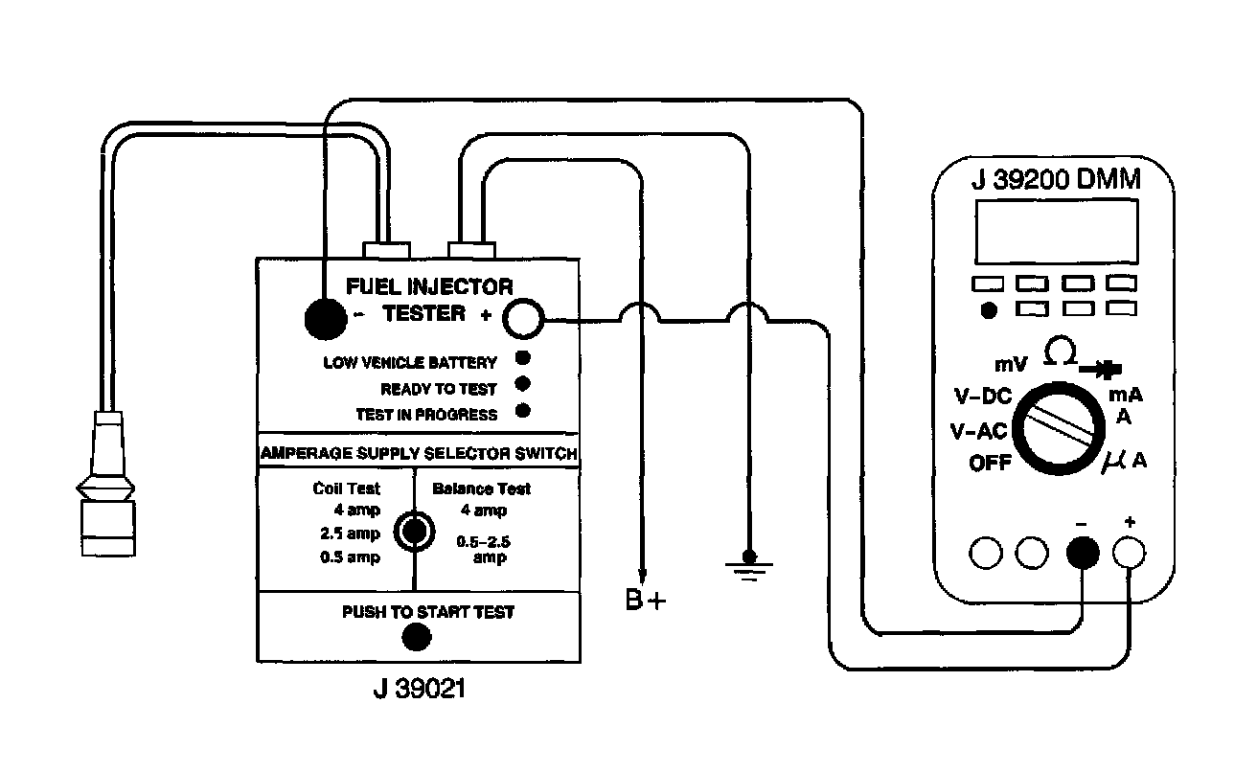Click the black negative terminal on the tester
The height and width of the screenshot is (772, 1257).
click(x=325, y=319)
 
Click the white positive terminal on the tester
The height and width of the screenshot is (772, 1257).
click(x=523, y=320)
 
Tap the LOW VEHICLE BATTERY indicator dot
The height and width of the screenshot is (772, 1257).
click(x=523, y=360)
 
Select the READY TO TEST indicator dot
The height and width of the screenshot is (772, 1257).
click(x=523, y=386)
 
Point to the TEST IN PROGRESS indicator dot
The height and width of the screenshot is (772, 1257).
click(x=523, y=413)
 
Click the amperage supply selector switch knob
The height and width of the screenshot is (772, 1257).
click(x=414, y=530)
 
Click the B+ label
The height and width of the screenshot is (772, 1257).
click(x=643, y=602)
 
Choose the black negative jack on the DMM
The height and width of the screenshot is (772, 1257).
click(x=1083, y=553)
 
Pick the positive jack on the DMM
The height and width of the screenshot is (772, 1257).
click(x=1130, y=553)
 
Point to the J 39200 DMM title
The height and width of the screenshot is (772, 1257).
click(x=1055, y=180)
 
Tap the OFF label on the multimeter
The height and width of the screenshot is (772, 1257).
click(x=992, y=464)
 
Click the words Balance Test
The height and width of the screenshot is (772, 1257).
click(x=481, y=488)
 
